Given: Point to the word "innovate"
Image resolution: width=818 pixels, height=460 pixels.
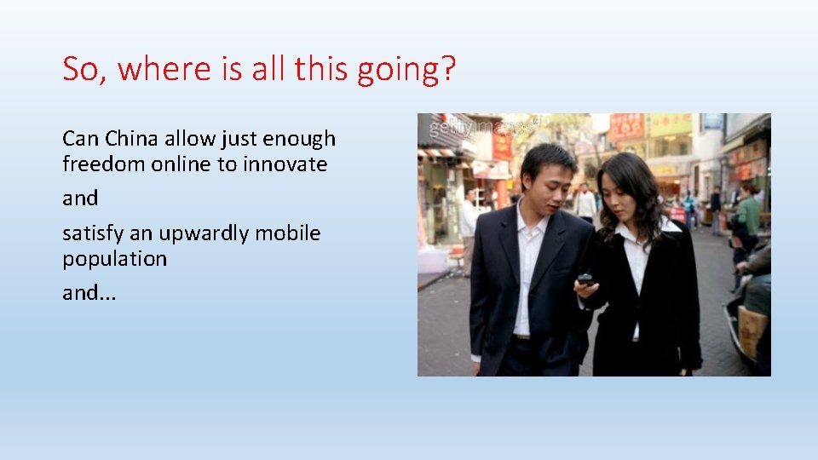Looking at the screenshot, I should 285,164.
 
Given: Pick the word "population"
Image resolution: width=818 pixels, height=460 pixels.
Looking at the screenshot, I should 114,259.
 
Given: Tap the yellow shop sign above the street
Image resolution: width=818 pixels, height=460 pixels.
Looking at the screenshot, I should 670,125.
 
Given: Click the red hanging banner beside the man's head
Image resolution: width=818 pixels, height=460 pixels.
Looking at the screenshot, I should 502,145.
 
